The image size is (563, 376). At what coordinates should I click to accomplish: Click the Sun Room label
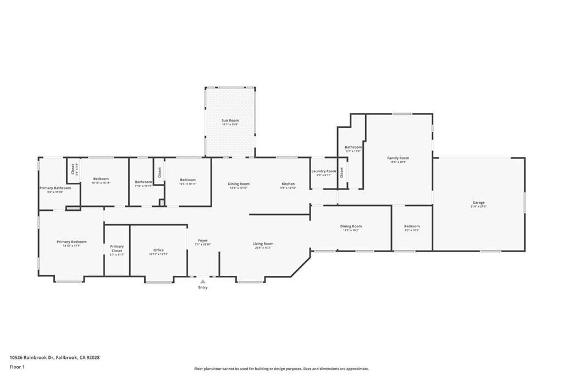tap(230, 121)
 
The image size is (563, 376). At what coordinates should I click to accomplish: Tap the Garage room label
tap(478, 203)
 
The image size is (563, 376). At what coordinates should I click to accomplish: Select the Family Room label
tap(399, 158)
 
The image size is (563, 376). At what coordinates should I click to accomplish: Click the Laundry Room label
tap(323, 171)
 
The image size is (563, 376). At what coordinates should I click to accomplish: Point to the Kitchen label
tap(288, 184)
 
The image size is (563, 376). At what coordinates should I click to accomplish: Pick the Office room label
tap(158, 250)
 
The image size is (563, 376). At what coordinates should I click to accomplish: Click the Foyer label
tap(203, 241)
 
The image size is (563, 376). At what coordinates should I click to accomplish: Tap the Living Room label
tap(263, 244)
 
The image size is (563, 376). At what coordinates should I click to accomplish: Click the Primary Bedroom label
tap(71, 242)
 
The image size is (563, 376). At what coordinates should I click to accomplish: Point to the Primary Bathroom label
tap(55, 188)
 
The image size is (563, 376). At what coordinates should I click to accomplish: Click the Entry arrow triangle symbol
tap(203, 281)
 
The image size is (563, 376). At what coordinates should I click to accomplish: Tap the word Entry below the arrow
tap(203, 287)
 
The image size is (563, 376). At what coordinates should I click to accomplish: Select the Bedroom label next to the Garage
tap(412, 226)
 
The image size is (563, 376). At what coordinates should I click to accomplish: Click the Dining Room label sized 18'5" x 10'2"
tap(351, 226)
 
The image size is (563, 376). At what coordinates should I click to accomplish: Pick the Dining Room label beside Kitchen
tap(239, 184)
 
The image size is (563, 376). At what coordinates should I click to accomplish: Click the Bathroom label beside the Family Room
tap(353, 147)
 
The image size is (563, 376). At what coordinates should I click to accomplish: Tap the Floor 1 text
tap(17, 366)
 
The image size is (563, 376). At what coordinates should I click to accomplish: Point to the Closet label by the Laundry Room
tap(341, 172)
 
